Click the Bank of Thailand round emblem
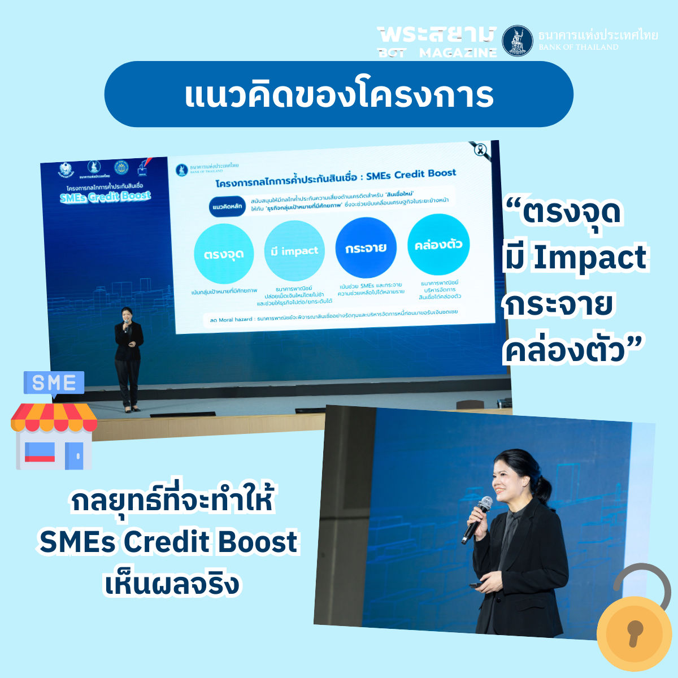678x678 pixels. click(518, 41)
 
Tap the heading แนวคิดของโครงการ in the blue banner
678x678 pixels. click(339, 94)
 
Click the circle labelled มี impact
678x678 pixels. click(294, 251)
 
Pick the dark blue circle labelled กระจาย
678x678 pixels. click(366, 247)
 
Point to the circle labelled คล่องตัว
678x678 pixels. click(438, 244)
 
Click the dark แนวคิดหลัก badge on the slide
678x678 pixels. click(227, 207)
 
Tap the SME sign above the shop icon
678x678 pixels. click(54, 383)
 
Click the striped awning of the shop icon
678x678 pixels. click(54, 417)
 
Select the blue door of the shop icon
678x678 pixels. click(74, 455)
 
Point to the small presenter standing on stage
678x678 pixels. click(129, 357)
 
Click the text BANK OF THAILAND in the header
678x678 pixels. click(578, 47)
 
